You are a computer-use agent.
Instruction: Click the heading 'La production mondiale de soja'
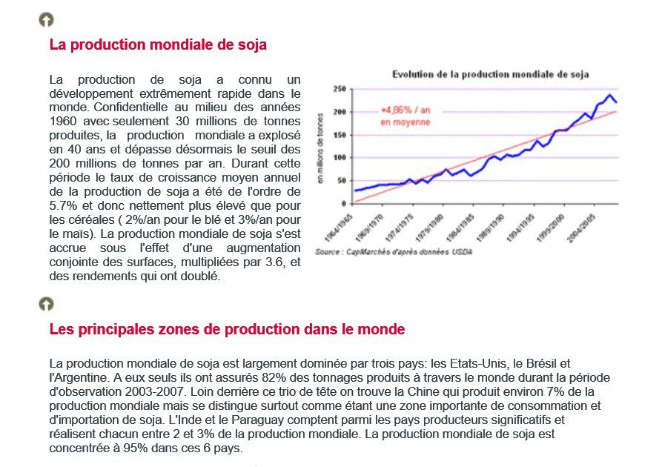click(x=158, y=44)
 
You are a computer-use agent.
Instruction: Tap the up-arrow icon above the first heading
click(x=47, y=19)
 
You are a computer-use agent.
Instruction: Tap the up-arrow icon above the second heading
click(x=47, y=304)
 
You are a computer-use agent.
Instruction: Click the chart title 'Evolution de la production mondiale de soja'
click(x=491, y=75)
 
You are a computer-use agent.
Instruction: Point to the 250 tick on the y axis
click(x=340, y=89)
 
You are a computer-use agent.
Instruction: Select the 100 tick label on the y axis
click(x=340, y=157)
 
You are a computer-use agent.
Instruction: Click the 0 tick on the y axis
click(x=344, y=204)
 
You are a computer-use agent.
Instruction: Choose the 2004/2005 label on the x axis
click(x=581, y=228)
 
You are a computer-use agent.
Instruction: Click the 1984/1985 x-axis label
click(x=460, y=228)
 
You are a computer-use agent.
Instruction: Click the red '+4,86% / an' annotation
click(x=406, y=110)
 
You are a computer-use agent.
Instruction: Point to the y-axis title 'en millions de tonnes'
click(x=320, y=148)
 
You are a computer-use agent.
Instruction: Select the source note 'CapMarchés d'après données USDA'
click(x=409, y=252)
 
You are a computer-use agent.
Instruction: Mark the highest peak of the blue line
click(x=609, y=95)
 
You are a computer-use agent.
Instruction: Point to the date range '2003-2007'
click(x=153, y=391)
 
